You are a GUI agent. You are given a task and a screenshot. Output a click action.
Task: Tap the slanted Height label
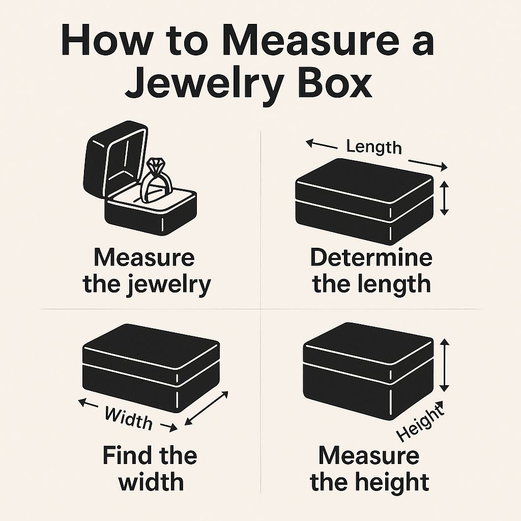pos(420,421)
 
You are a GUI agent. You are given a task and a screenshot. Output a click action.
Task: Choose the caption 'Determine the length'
pos(371,271)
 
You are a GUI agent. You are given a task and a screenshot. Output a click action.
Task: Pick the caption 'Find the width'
pos(150,467)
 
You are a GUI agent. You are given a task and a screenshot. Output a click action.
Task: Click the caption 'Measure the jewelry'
pos(146,271)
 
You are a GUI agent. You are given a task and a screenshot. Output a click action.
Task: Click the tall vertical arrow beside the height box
pos(445,365)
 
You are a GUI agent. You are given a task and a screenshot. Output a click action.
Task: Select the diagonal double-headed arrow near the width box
pos(206,408)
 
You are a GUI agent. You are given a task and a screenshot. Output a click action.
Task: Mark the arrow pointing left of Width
pos(89,404)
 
